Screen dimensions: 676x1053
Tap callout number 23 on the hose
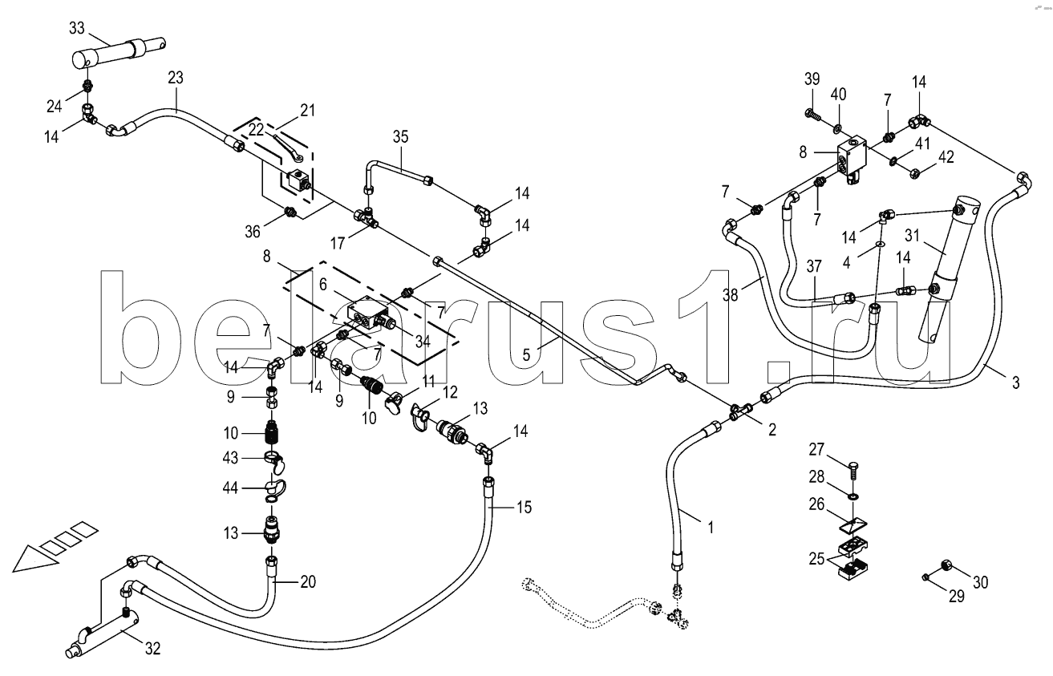176,78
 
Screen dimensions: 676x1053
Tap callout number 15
524,507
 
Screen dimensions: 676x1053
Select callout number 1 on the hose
709,528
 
